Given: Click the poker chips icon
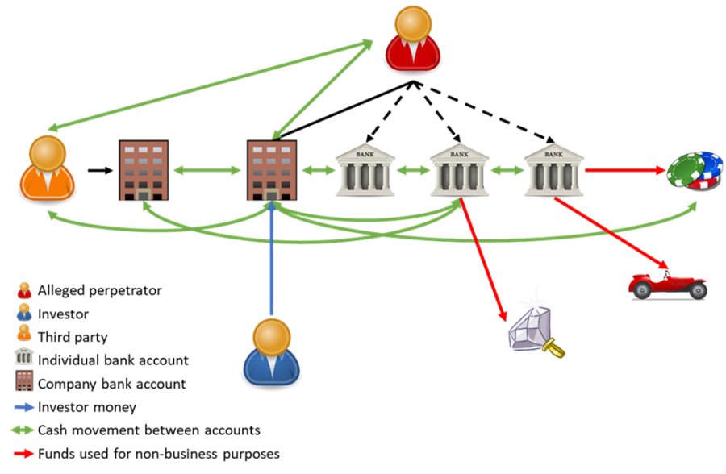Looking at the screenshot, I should click(695, 171).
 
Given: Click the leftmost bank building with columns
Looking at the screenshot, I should click(365, 170).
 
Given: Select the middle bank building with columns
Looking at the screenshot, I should click(459, 170).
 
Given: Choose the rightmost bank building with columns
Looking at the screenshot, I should click(553, 170).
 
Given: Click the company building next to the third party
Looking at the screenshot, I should click(143, 170).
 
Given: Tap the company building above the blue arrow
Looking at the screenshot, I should click(271, 170).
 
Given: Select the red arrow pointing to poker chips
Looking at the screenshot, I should click(625, 170).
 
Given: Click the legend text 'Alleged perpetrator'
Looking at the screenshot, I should click(99, 290).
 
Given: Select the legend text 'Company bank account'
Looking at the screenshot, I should click(111, 384).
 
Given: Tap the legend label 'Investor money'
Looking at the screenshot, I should click(87, 407).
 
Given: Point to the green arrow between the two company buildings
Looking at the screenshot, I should click(207, 170).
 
